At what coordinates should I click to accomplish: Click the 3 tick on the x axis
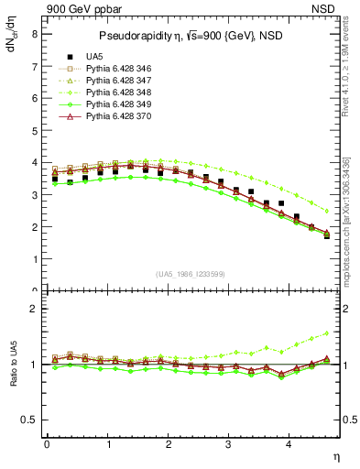tap(229, 445)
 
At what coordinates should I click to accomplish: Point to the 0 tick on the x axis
tap(47, 445)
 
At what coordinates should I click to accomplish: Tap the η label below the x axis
tap(336, 457)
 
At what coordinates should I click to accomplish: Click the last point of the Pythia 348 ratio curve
tap(327, 333)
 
